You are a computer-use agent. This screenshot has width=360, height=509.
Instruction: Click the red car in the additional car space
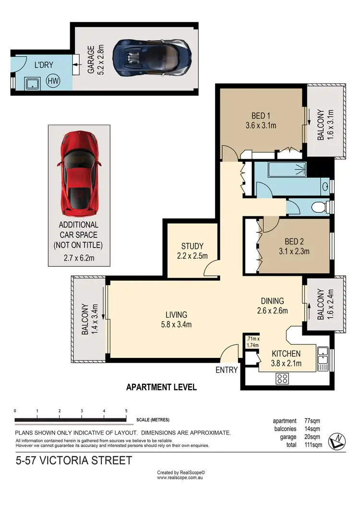coord(79,174)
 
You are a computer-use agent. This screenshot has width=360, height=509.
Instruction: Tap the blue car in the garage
coord(152,58)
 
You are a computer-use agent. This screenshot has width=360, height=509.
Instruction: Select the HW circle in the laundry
coord(53,80)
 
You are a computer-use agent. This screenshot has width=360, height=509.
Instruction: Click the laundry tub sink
coord(33,83)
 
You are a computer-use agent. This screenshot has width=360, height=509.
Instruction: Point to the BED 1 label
coord(261,116)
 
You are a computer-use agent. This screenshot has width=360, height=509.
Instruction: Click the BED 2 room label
coord(294,241)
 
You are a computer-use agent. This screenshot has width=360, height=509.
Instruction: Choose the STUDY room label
coord(192,246)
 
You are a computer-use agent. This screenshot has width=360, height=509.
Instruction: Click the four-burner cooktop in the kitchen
coord(282,379)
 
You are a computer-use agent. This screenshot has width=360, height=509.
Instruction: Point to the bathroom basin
coord(325,187)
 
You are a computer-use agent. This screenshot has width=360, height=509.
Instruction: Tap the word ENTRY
coord(227,370)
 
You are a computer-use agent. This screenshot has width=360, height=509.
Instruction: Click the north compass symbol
coord(336,441)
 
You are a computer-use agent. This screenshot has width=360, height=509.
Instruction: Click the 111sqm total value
coord(313,445)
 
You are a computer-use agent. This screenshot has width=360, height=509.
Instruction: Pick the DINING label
coord(272,301)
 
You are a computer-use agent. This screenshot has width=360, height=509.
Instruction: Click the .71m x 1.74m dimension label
coord(253,342)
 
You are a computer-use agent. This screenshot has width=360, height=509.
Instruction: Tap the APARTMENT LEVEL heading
coord(161,387)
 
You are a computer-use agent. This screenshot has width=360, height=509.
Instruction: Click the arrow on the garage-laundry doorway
coord(77,65)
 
